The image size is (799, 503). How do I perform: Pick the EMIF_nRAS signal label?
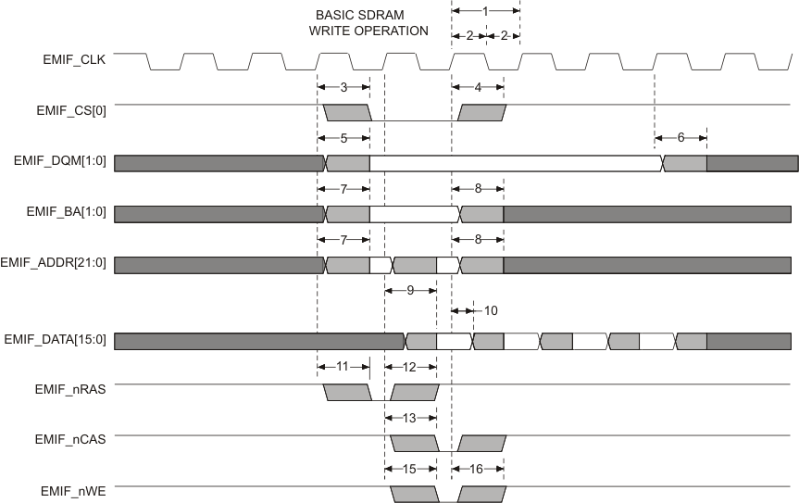[73, 390]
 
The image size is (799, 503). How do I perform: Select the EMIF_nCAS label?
[73, 440]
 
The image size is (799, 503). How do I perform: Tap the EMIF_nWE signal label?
[76, 490]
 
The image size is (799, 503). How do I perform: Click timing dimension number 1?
[485, 9]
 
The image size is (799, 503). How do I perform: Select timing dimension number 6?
[680, 137]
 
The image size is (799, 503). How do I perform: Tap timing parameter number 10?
[491, 309]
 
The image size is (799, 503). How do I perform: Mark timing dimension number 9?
[410, 290]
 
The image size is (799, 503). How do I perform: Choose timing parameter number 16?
[477, 469]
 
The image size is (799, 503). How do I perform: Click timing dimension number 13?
[410, 418]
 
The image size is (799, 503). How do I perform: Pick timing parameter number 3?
[343, 87]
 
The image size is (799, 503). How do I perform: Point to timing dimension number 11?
[343, 367]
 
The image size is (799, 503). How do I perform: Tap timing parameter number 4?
[478, 87]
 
